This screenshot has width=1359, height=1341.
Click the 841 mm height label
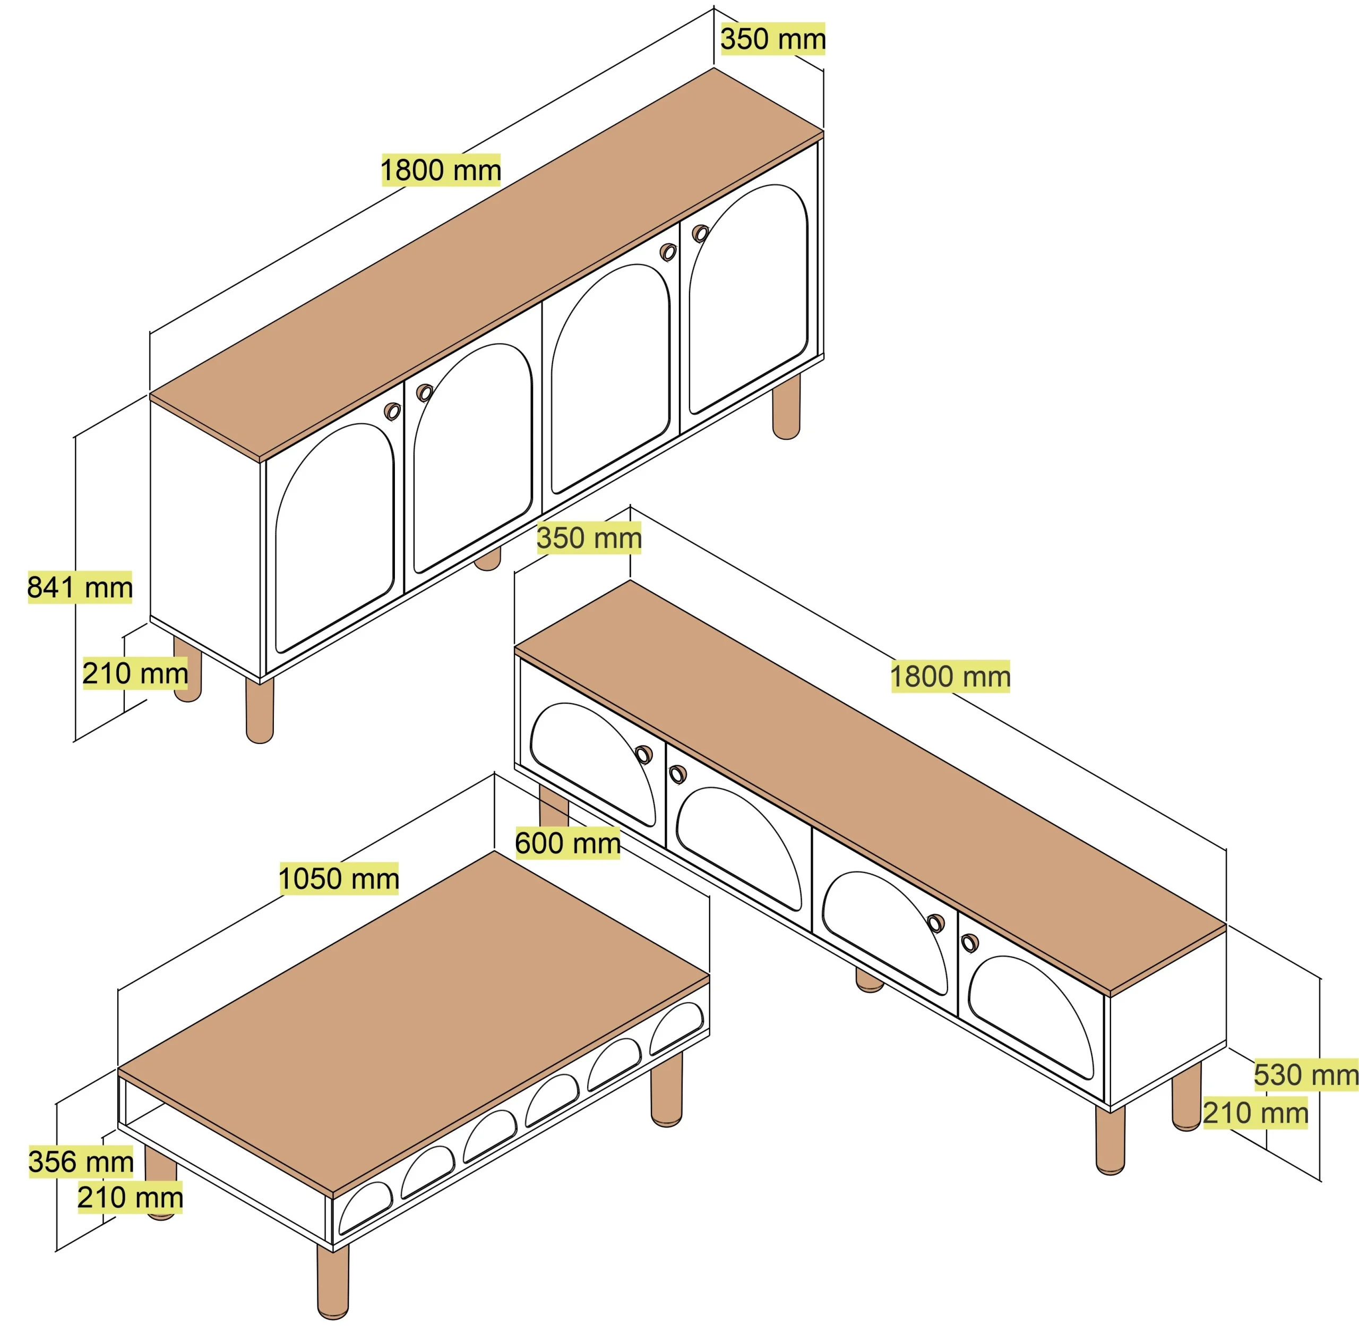pyautogui.click(x=80, y=587)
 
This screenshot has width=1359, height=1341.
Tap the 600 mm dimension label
pyautogui.click(x=567, y=843)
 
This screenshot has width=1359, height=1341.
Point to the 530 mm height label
pyautogui.click(x=1305, y=1074)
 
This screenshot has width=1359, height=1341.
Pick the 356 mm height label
pyautogui.click(x=81, y=1161)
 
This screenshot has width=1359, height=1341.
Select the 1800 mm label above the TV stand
pyautogui.click(x=950, y=676)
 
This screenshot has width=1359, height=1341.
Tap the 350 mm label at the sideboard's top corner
pyautogui.click(x=773, y=38)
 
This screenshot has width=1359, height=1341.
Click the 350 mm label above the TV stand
pyautogui.click(x=589, y=537)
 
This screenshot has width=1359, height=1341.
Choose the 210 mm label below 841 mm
pyautogui.click(x=135, y=673)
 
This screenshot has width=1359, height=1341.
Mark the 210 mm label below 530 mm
pyautogui.click(x=1255, y=1113)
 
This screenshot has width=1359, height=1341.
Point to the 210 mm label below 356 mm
pyautogui.click(x=130, y=1198)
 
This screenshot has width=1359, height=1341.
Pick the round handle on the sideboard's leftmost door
pyautogui.click(x=392, y=412)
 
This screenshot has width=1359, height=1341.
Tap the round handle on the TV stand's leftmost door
pyautogui.click(x=643, y=754)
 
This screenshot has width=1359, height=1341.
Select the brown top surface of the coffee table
pyautogui.click(x=414, y=1022)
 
